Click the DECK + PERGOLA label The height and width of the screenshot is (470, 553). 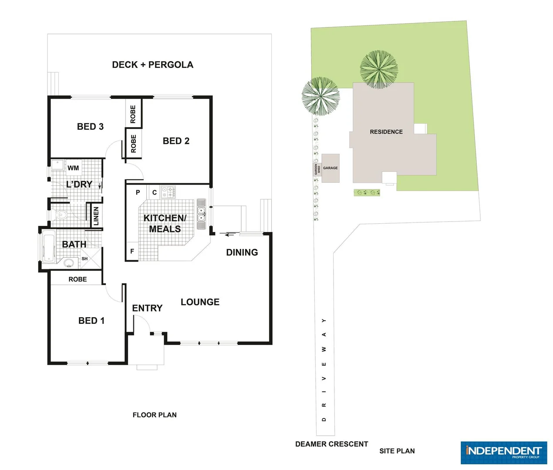(152, 65)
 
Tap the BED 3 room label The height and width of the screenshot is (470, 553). (90, 127)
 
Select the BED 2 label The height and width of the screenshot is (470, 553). (176, 141)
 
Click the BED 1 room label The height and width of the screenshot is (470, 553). (91, 321)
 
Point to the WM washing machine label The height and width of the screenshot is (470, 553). (73, 168)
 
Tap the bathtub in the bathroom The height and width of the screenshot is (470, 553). (48, 248)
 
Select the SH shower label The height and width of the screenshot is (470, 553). (84, 258)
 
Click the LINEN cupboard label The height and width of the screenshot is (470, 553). (96, 216)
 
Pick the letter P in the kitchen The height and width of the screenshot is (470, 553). (138, 192)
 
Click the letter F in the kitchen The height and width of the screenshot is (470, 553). (132, 252)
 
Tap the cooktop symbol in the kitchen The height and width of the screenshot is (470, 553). (168, 192)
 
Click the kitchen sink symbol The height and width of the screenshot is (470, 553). (201, 214)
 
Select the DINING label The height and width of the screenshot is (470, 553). (242, 252)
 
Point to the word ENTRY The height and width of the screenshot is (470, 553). (147, 308)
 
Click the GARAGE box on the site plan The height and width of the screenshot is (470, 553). (330, 168)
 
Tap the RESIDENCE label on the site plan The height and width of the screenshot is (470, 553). (386, 132)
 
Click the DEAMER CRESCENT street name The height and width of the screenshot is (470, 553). (331, 444)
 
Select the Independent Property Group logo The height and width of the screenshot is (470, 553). (504, 453)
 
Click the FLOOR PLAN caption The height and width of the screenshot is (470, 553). (155, 415)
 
